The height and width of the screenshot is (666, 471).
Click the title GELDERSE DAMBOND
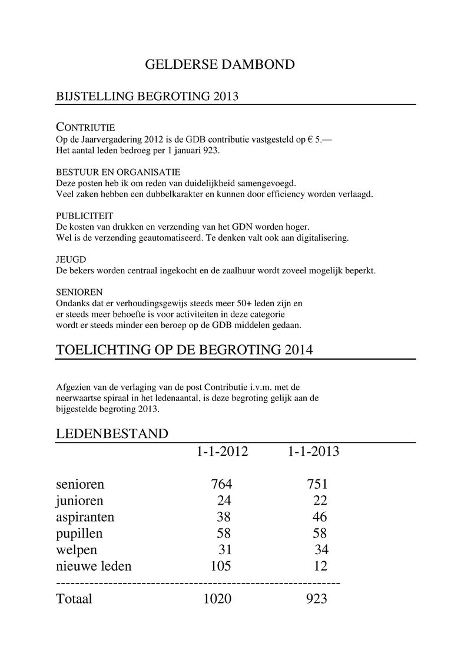(x=220, y=65)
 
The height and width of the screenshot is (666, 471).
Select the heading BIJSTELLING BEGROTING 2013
(x=147, y=97)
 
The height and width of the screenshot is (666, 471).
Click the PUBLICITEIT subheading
(x=84, y=216)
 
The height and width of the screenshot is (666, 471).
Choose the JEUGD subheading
(x=71, y=260)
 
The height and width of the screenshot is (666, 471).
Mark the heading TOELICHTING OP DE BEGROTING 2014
(x=184, y=349)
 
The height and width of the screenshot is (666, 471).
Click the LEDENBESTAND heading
(x=112, y=434)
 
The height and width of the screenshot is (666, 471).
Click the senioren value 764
(x=221, y=485)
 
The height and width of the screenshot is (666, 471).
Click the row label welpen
(x=77, y=550)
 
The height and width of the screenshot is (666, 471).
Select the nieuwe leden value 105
(x=221, y=566)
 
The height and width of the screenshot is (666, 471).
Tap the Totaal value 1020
(x=217, y=599)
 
